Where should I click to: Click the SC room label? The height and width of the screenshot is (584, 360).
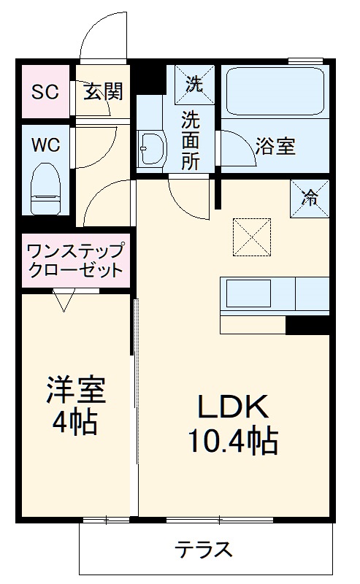tap(45, 93)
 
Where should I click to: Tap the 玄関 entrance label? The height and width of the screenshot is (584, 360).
tap(102, 93)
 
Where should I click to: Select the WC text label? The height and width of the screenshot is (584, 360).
tap(45, 144)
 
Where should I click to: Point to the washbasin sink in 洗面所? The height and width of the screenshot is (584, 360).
tap(152, 150)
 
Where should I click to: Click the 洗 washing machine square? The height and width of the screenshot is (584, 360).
tap(193, 82)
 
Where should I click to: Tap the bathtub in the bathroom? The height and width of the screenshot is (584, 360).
tap(275, 91)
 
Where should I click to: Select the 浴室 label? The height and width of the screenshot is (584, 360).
tap(275, 146)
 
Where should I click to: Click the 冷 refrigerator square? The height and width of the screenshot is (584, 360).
tap(310, 196)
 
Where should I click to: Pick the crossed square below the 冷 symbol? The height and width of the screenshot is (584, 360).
tap(252, 237)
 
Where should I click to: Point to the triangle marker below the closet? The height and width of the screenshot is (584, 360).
tap(64, 299)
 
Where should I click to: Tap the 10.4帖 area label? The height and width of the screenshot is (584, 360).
tap(232, 439)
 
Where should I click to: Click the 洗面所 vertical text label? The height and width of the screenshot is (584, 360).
tap(190, 139)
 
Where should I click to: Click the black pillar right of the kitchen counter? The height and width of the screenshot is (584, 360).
tap(307, 326)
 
